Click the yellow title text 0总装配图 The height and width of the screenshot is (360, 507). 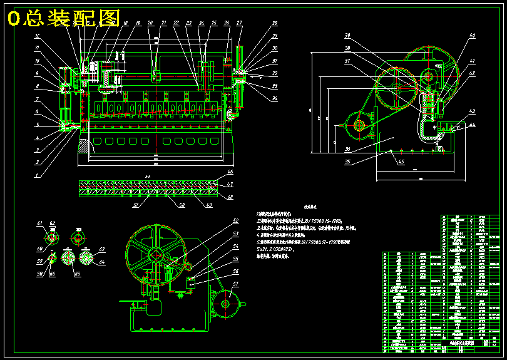pos(63,19)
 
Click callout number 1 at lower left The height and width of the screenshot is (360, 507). pos(36,176)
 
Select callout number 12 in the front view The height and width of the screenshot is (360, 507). pos(37,36)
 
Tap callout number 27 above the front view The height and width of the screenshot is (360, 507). pos(239,23)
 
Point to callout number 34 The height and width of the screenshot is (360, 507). pos(274,98)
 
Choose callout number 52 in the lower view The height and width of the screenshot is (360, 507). pos(236,221)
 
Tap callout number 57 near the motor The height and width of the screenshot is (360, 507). pos(236,284)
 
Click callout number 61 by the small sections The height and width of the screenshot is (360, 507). pos(39,224)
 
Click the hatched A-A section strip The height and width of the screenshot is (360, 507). pos(147,187)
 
